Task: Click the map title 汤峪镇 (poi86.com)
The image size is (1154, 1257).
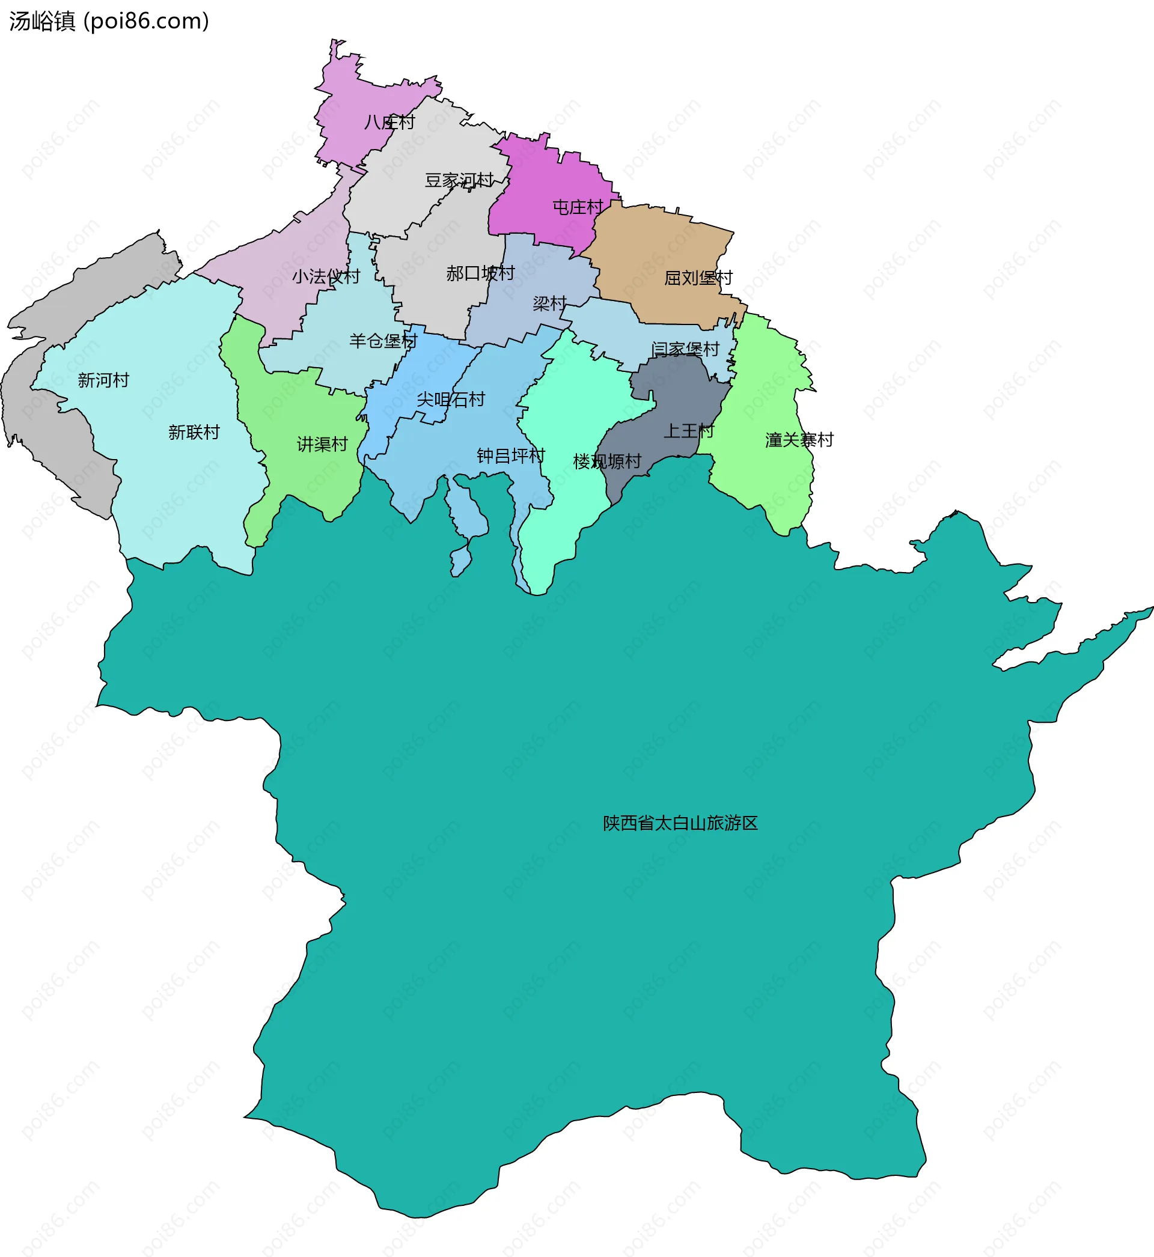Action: (109, 21)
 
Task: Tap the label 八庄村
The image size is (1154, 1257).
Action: (389, 122)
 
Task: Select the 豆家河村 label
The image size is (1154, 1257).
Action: (459, 180)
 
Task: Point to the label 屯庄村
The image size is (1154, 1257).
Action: (578, 207)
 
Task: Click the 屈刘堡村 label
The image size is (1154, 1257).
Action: (698, 278)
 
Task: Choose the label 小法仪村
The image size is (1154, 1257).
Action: (326, 276)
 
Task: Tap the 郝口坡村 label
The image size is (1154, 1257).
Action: (480, 273)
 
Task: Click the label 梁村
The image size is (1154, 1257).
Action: (549, 304)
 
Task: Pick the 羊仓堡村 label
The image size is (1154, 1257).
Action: (383, 341)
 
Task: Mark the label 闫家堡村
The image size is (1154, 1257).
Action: (685, 350)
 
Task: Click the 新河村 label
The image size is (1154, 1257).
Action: (103, 380)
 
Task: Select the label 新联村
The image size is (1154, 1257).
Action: (194, 432)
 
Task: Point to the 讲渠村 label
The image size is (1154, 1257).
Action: (322, 445)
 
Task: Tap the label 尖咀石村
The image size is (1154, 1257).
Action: (451, 400)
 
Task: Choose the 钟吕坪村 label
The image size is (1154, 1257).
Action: (511, 455)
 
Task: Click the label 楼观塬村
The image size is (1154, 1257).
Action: (607, 462)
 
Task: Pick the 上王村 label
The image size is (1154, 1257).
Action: (688, 431)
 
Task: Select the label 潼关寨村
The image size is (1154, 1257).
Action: (799, 440)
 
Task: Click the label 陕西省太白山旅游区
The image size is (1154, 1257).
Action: (680, 823)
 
